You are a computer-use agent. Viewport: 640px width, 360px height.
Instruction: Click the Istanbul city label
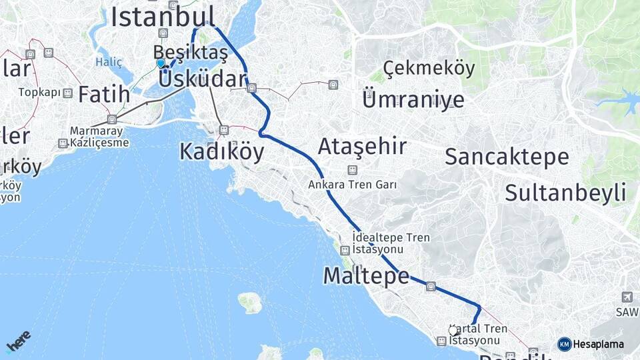click(x=163, y=17)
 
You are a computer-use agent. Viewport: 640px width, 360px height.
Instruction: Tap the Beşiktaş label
click(x=185, y=52)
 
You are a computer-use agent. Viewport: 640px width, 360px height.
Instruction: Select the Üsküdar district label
click(x=203, y=79)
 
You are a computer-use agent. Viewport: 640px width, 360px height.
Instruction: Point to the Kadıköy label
click(x=221, y=152)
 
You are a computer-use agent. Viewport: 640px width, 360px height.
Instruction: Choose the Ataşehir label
click(x=362, y=146)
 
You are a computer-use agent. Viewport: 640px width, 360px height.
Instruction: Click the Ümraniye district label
click(x=413, y=100)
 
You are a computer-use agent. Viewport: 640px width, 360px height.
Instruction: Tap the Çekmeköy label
click(x=429, y=68)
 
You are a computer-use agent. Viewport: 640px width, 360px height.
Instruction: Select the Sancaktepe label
click(x=507, y=157)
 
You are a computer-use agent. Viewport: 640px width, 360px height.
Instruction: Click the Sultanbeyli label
click(x=565, y=193)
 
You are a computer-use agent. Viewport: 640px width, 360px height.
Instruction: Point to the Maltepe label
click(x=366, y=275)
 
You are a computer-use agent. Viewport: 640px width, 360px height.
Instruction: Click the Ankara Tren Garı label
click(x=352, y=185)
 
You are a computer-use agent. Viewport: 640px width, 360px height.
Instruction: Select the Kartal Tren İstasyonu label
click(x=478, y=335)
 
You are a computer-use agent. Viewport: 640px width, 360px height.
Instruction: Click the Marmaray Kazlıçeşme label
click(x=99, y=137)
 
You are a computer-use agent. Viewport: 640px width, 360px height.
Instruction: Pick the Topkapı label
click(x=39, y=93)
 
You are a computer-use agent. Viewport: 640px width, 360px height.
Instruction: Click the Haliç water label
click(x=109, y=62)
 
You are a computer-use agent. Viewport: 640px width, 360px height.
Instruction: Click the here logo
click(x=19, y=341)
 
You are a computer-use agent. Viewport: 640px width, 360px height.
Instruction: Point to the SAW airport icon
click(x=627, y=297)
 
